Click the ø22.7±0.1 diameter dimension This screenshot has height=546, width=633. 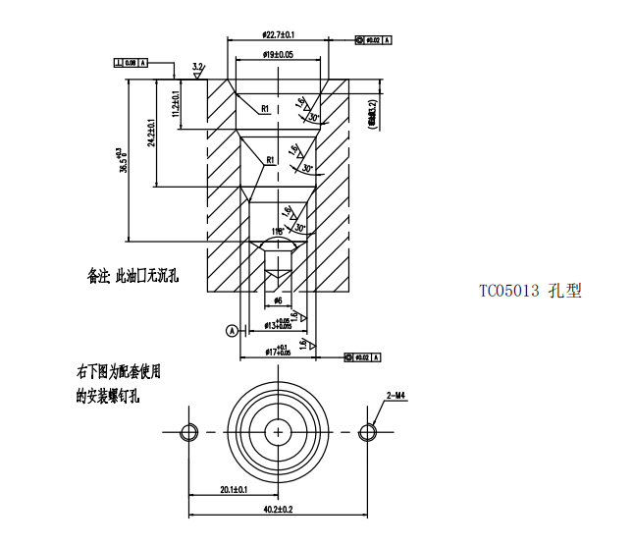[x=280, y=34]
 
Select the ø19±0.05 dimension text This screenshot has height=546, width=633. [x=279, y=55]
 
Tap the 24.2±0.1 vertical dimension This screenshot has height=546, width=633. [x=152, y=132]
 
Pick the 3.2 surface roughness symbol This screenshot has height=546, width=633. [x=198, y=69]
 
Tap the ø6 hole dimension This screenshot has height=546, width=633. [x=278, y=300]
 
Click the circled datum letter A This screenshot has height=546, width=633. [x=232, y=331]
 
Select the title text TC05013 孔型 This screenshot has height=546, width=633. [x=530, y=291]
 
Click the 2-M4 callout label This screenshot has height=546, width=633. [x=398, y=395]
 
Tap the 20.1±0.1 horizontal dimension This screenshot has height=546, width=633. [x=234, y=488]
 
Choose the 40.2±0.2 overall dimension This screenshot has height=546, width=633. [x=279, y=510]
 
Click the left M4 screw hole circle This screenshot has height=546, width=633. [x=189, y=432]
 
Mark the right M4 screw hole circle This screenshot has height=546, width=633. [x=368, y=432]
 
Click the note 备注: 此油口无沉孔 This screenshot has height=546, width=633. [x=132, y=277]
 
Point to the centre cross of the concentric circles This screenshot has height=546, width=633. [x=279, y=432]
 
